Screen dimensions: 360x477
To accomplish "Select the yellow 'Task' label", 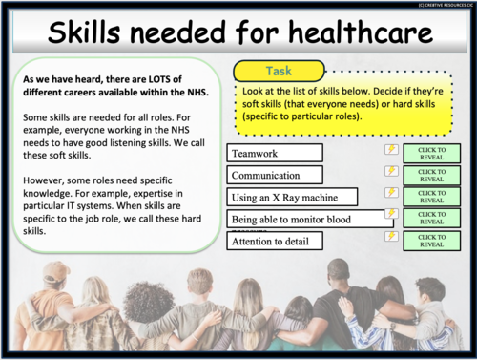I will point(279,71).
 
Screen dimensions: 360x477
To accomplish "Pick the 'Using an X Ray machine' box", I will point(293,198).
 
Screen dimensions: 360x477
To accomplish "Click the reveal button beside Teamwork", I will point(431,153).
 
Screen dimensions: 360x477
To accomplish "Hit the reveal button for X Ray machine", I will point(431,197).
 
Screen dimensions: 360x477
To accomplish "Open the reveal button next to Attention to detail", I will point(431,241).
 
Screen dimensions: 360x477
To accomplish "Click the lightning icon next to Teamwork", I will point(391,150).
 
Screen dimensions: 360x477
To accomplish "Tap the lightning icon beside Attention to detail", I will point(391,235).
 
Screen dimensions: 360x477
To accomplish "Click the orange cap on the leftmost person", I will point(54,272).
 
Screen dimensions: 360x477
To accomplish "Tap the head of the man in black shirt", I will point(345,275).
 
